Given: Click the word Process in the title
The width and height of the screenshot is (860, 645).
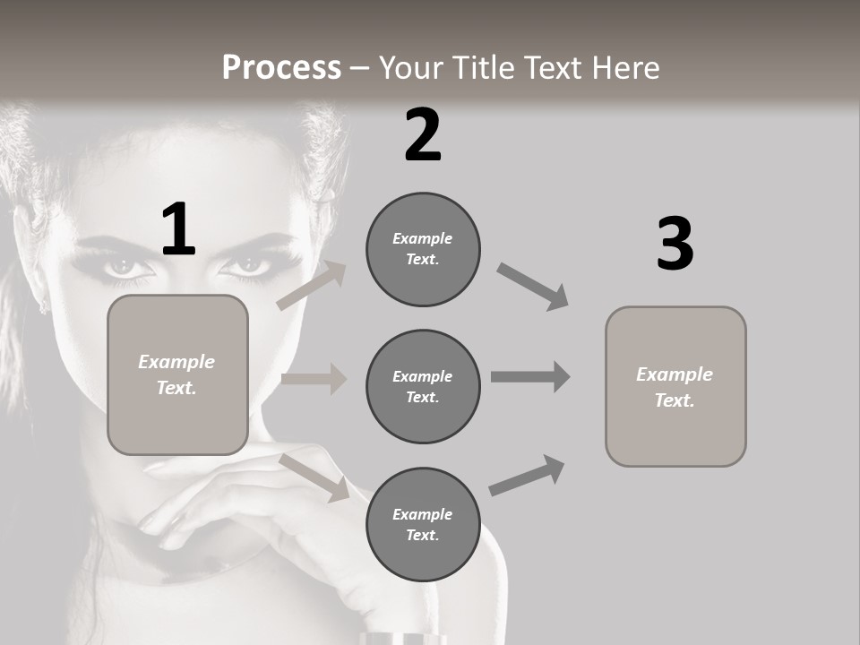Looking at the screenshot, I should [x=281, y=68].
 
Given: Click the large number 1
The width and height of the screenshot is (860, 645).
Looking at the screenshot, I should [x=178, y=230].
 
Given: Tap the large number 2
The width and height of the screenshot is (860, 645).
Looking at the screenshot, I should [x=423, y=135].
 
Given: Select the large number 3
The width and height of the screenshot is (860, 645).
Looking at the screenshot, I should [x=675, y=245].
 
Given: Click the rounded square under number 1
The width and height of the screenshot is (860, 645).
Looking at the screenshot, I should [x=177, y=374].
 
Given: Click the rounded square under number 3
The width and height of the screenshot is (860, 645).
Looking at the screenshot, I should [x=675, y=387].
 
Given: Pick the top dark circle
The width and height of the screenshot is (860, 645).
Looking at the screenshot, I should [x=423, y=249].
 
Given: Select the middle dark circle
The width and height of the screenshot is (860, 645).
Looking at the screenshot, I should [x=423, y=386].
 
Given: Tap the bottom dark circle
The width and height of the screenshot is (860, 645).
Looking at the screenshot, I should [x=423, y=524].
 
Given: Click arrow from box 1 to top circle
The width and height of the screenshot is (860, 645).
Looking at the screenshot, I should [x=312, y=286].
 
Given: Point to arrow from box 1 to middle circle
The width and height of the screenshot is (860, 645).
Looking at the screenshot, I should [x=314, y=379].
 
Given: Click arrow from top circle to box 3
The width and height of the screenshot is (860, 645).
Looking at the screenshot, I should [x=532, y=287].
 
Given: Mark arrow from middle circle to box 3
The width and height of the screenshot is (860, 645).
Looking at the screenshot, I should [x=530, y=377].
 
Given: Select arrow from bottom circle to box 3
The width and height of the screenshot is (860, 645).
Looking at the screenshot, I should [x=527, y=476].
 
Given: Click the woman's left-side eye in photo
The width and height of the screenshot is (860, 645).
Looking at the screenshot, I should [x=123, y=266].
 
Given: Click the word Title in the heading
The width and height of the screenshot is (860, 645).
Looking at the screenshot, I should [x=483, y=68].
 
